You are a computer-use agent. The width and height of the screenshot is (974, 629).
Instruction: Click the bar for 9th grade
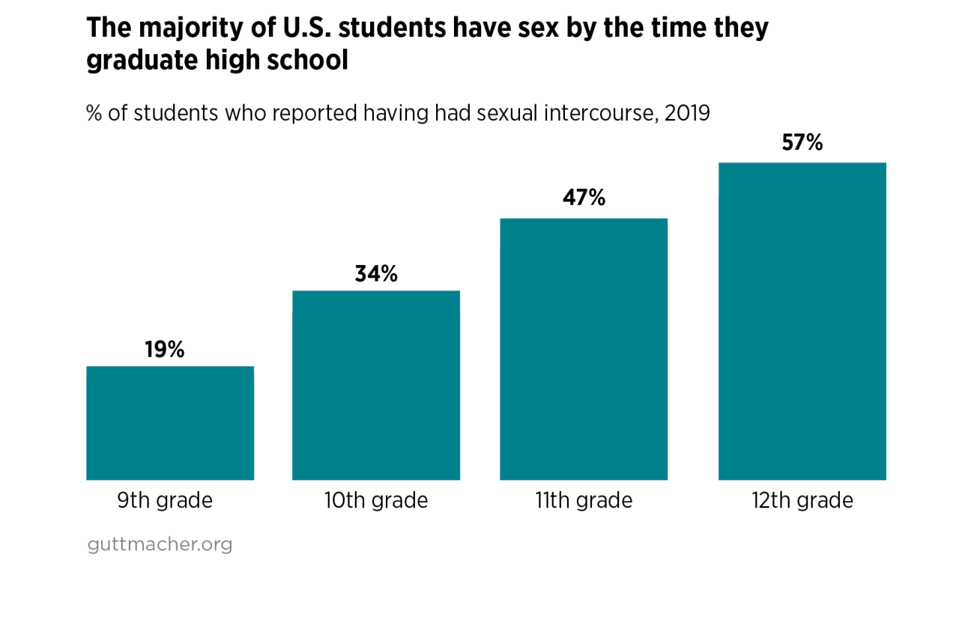(170, 423)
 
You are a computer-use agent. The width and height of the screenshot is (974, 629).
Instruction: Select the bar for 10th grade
(376, 385)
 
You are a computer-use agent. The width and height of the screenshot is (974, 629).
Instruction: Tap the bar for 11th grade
(584, 349)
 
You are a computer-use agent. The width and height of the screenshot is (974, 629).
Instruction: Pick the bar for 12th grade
(802, 321)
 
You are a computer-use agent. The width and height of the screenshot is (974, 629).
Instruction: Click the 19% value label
(165, 350)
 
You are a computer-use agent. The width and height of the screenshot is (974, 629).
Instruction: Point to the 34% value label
(376, 274)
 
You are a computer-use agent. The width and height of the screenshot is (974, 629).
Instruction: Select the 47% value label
(584, 198)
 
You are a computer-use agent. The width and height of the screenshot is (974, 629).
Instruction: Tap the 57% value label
(802, 142)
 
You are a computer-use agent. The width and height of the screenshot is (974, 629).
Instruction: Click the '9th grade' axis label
(165, 500)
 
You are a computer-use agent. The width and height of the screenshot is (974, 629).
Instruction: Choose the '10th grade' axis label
(376, 500)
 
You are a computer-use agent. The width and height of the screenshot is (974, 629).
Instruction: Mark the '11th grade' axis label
(584, 500)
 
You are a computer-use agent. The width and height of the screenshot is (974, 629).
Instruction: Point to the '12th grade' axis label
(802, 500)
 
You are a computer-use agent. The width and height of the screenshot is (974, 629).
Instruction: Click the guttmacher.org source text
(160, 544)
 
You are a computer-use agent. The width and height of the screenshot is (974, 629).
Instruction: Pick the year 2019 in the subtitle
(687, 114)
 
